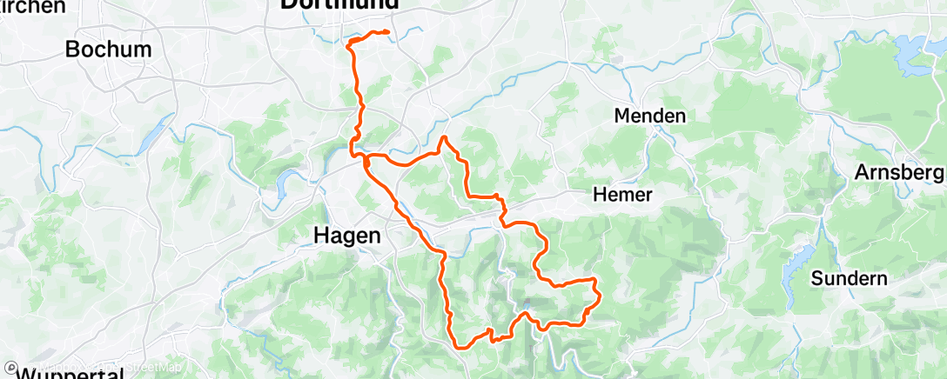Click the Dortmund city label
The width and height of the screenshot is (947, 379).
[x=339, y=5]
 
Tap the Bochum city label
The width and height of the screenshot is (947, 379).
[x=109, y=50]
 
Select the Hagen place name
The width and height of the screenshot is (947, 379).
[x=347, y=236]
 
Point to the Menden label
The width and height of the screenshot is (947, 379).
[x=649, y=116]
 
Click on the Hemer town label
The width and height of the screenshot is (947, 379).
[x=621, y=195]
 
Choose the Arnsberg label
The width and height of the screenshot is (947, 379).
[x=899, y=171]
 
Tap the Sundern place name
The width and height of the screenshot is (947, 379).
[x=849, y=279]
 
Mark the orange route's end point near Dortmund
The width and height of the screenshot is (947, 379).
[x=386, y=33]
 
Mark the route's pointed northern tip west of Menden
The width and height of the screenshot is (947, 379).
[x=444, y=137]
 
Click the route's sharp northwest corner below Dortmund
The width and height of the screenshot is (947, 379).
[x=350, y=43]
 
